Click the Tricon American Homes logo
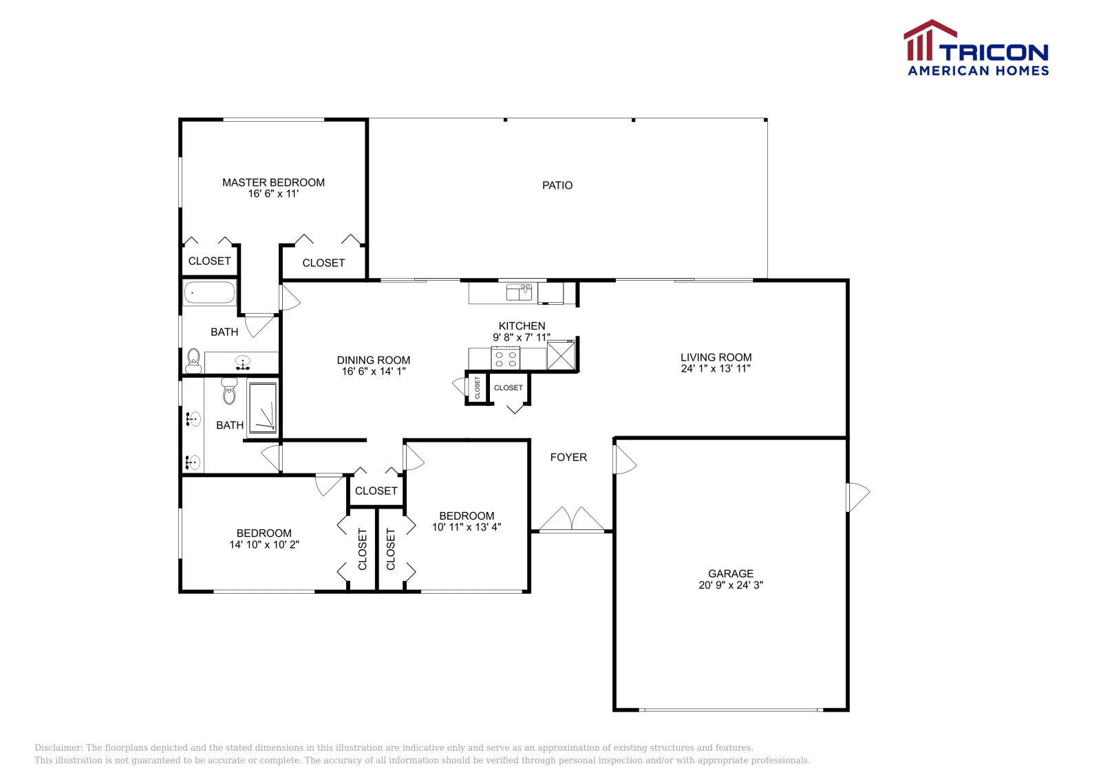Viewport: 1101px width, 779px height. [x=976, y=48]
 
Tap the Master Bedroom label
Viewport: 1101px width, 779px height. [x=273, y=182]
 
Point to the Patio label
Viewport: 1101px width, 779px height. [x=557, y=185]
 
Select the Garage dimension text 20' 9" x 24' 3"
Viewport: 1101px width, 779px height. [x=731, y=585]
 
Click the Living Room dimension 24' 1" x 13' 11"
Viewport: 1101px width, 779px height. [x=716, y=368]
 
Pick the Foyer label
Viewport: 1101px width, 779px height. [x=568, y=457]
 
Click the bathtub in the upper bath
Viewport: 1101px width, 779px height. [x=210, y=292]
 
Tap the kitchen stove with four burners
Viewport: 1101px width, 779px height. [x=505, y=359]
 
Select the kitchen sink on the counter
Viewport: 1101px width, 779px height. [x=519, y=292]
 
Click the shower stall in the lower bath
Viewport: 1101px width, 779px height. [x=262, y=407]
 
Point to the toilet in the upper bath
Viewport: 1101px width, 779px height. [x=193, y=359]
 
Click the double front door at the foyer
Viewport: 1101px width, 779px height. [x=572, y=520]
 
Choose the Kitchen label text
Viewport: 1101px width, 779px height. [x=522, y=326]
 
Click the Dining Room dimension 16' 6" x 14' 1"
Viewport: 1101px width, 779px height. [x=374, y=372]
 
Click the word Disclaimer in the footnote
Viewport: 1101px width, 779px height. [x=58, y=748]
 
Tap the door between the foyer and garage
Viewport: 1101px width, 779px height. [x=623, y=460]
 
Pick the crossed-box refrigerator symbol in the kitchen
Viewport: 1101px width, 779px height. [x=560, y=356]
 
